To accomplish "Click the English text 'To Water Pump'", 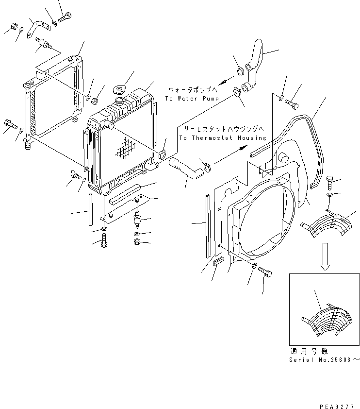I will pyautogui.click(x=192, y=99).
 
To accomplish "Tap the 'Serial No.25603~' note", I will pyautogui.click(x=324, y=360).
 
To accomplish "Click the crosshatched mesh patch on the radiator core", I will pyautogui.click(x=124, y=147).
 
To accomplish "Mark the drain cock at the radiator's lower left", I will pyautogui.click(x=75, y=176).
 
